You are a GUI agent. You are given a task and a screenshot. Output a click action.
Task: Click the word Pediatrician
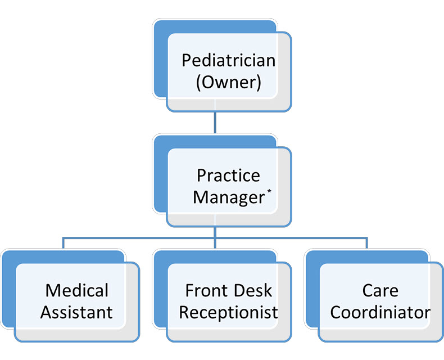(x=228, y=60)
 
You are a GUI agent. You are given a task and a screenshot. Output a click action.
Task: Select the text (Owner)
(x=228, y=82)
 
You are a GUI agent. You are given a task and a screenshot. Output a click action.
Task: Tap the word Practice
(x=228, y=175)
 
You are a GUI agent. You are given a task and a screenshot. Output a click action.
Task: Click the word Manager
(x=228, y=197)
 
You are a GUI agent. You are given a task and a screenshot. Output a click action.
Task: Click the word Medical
(x=76, y=290)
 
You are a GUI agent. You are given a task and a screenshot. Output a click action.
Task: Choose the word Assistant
(x=76, y=312)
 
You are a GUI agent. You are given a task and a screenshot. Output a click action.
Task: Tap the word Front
(x=207, y=290)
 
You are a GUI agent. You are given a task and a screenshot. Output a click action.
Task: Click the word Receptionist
(x=228, y=312)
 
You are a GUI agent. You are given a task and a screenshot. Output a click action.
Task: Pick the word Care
(x=380, y=290)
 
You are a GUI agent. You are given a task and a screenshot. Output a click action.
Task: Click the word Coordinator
(x=380, y=312)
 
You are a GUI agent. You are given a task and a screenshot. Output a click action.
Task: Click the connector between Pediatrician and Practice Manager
(x=215, y=123)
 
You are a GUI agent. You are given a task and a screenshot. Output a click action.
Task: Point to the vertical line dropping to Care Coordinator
(x=367, y=243)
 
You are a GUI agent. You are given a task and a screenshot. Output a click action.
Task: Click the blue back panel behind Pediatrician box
(x=160, y=62)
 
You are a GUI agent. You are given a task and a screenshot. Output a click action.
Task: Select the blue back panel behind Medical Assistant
(x=8, y=292)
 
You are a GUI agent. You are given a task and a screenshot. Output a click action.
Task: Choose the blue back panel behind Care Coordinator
(x=312, y=292)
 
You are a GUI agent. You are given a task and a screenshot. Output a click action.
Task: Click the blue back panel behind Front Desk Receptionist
(x=160, y=292)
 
